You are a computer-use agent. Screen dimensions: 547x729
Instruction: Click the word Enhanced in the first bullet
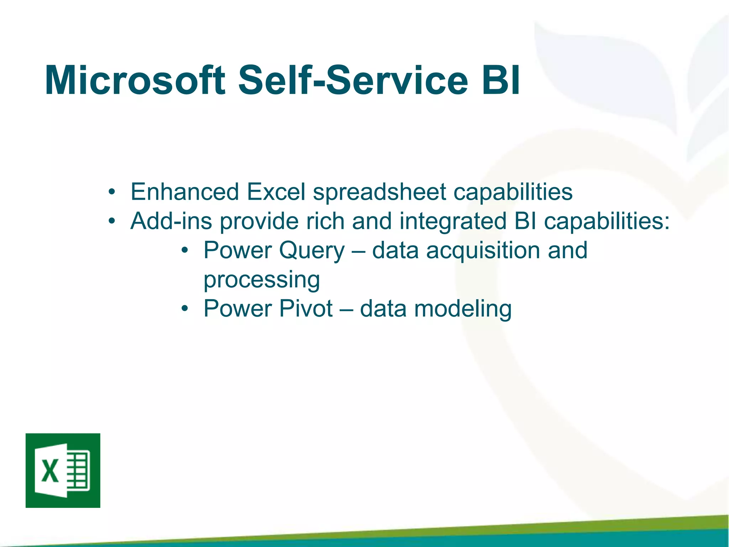(x=184, y=192)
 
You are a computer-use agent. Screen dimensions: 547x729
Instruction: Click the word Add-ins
(x=171, y=221)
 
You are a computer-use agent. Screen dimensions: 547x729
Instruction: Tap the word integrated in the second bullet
(x=452, y=222)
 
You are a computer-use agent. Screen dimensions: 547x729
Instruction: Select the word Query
(x=312, y=251)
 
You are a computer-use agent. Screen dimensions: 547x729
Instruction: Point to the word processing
(x=262, y=280)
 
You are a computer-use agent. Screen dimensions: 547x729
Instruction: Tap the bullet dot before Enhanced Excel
(x=112, y=193)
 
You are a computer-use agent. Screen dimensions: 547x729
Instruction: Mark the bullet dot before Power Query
(x=184, y=251)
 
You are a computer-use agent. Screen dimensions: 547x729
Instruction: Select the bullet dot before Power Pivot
(x=184, y=309)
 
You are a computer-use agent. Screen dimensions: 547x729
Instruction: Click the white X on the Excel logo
(x=50, y=471)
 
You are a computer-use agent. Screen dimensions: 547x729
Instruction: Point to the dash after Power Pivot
(x=346, y=309)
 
